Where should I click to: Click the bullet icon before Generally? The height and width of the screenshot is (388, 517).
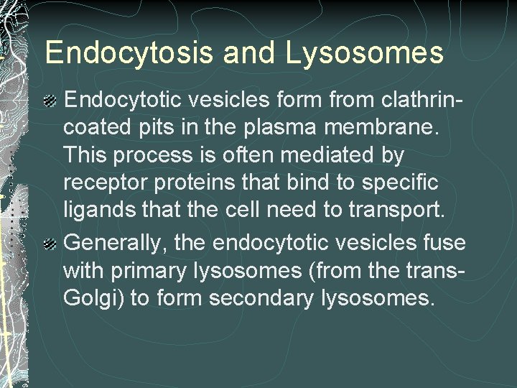51,244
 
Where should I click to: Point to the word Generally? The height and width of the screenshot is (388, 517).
117,242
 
